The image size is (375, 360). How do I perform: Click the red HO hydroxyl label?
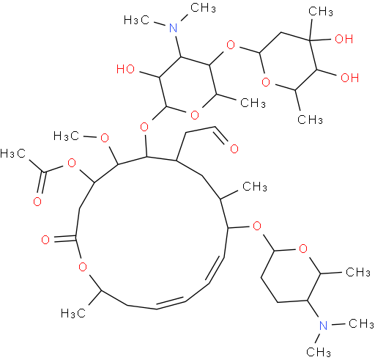point(125,69)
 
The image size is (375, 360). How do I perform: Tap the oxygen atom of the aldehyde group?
point(234,149)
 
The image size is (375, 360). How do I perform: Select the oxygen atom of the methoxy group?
point(105,139)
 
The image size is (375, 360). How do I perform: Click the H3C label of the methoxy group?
point(66,136)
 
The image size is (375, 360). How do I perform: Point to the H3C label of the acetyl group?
point(12,153)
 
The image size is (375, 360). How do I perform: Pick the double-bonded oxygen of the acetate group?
point(37,202)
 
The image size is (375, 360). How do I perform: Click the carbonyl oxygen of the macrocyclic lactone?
point(45,240)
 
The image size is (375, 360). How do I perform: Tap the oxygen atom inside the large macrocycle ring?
point(83,267)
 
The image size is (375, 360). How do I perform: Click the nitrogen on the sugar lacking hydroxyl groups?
point(323,326)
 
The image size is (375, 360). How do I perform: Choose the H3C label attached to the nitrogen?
point(136,20)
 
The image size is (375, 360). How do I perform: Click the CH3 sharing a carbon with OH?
point(321,11)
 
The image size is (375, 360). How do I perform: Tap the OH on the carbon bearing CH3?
point(344,39)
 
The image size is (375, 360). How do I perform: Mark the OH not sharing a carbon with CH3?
point(349,78)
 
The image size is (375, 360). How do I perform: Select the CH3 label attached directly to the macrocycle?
point(255,186)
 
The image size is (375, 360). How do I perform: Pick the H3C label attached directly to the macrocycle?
point(73,313)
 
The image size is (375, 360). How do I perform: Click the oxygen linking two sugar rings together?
point(231,45)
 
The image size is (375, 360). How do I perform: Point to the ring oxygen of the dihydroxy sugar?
point(266,82)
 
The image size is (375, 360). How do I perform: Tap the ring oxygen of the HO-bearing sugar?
point(195,115)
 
